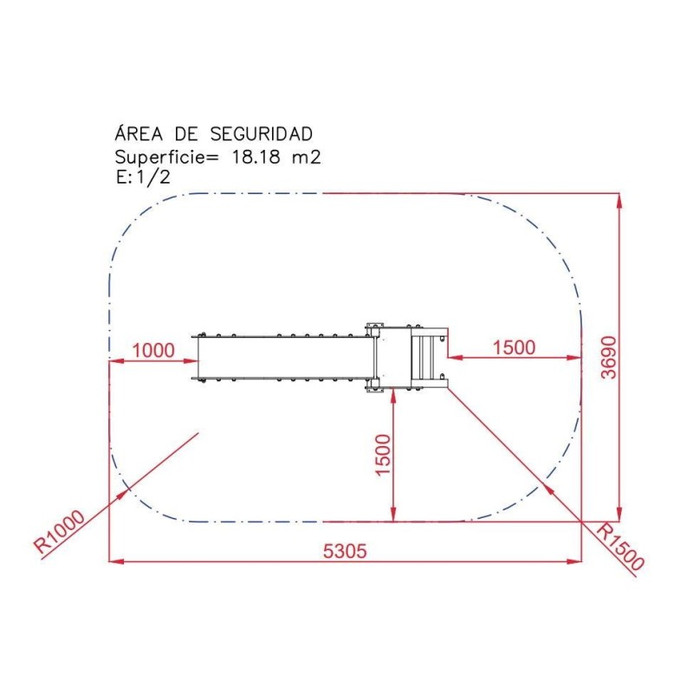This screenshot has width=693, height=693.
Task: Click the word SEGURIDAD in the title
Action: point(262,134)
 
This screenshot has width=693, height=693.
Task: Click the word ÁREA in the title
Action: point(139,133)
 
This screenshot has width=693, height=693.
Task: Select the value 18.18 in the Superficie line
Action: point(256,157)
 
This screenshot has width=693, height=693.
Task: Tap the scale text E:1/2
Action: point(143,178)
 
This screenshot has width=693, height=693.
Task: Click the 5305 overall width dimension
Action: point(345,551)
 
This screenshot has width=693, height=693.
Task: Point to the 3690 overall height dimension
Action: point(609,358)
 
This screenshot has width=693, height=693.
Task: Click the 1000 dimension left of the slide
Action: point(153,351)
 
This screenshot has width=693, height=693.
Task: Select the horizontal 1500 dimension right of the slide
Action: point(514,347)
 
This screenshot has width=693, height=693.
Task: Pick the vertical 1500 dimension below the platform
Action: point(383,455)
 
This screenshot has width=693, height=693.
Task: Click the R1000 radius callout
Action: point(59,532)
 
